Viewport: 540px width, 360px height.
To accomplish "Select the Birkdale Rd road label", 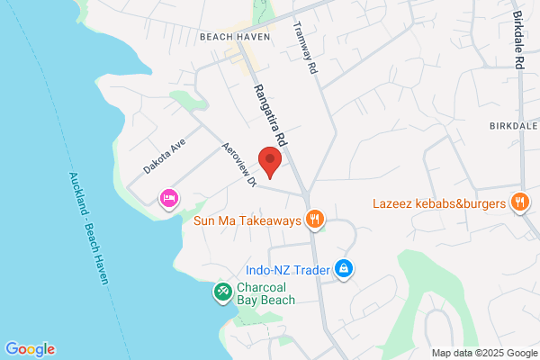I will pyautogui.click(x=518, y=41).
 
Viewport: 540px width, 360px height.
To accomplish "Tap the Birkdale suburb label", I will pyautogui.click(x=513, y=126).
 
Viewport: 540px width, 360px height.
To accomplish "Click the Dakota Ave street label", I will pyautogui.click(x=163, y=156).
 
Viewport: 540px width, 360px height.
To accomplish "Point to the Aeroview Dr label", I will pyautogui.click(x=240, y=165).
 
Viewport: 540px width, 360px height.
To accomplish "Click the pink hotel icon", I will pyautogui.click(x=168, y=198).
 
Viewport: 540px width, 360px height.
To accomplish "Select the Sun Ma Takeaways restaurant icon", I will pyautogui.click(x=314, y=218).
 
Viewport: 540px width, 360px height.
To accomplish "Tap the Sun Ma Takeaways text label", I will pyautogui.click(x=246, y=219).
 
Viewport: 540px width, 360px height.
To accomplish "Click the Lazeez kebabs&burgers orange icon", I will pyautogui.click(x=518, y=202).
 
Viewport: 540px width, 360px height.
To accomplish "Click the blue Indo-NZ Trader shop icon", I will pyautogui.click(x=343, y=268).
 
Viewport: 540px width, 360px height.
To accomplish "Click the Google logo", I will pyautogui.click(x=30, y=349).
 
